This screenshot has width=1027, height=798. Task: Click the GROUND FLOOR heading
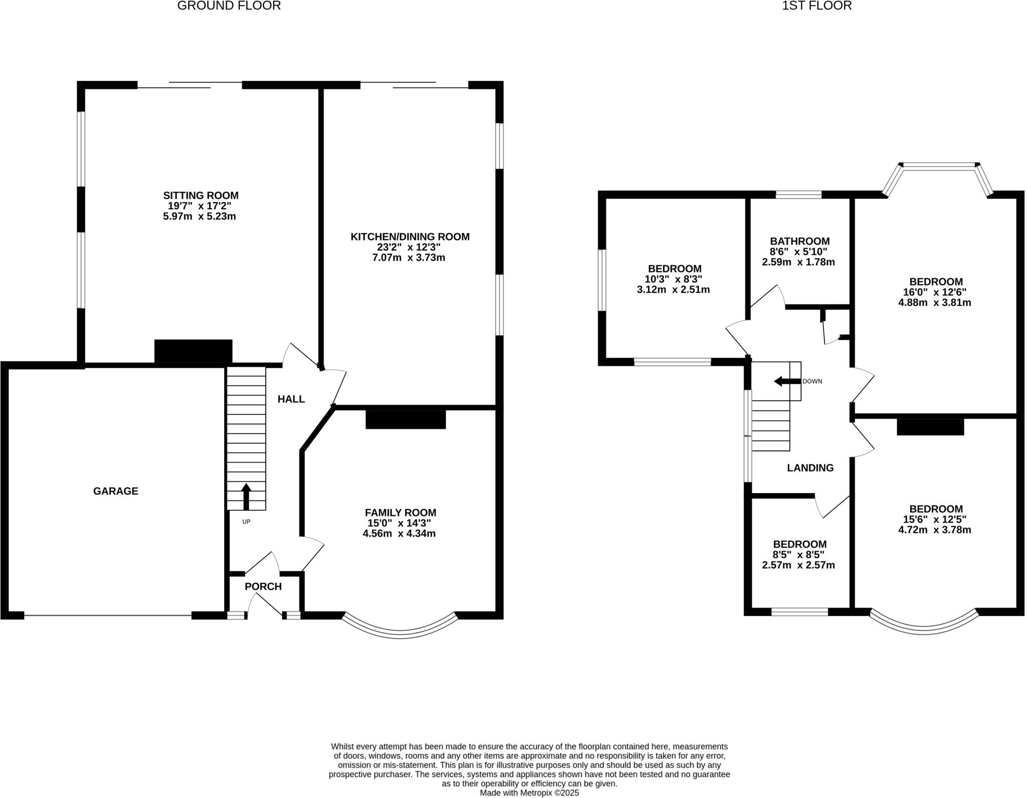[229, 6]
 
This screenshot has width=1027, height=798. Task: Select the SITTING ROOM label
[201, 196]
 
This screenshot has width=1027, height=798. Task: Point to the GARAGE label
[115, 491]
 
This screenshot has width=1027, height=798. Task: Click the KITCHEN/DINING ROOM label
[410, 237]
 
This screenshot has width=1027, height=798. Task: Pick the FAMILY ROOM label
[400, 513]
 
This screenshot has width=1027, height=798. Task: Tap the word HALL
[291, 399]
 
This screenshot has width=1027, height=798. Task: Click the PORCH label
[263, 586]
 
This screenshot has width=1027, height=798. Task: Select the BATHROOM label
[799, 241]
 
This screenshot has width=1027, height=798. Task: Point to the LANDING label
[810, 468]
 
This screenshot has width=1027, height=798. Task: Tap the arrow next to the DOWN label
[786, 381]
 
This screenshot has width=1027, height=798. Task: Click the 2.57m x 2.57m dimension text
[798, 565]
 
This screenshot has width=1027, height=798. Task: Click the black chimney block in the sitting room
[193, 351]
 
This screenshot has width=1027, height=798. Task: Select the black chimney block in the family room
[405, 419]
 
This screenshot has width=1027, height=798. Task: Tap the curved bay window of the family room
[400, 632]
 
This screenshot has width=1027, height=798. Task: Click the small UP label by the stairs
[246, 522]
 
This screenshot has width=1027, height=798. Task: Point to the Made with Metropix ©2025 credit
[529, 793]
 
